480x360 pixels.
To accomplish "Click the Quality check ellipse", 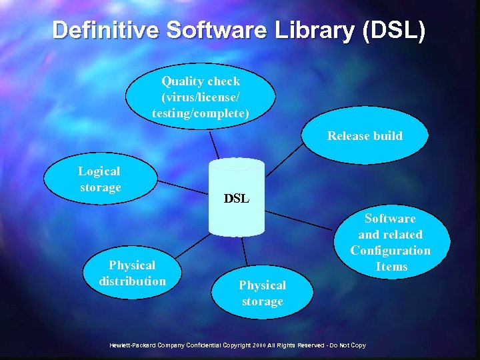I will pos(201,97).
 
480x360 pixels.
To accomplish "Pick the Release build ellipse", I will pos(365,136).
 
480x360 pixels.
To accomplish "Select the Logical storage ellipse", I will pos(100,180).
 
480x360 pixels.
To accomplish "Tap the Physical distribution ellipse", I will pos(132,273).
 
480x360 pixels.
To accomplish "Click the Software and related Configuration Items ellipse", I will pos(391,242).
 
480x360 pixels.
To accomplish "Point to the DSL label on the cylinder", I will pos(236,199).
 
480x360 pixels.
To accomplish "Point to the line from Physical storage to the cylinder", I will pos(245,253).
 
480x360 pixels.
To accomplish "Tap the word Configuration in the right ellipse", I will pos(391,251).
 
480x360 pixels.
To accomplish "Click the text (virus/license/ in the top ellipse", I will pos(201,97).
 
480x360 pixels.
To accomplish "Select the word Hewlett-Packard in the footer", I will pos(134,345).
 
